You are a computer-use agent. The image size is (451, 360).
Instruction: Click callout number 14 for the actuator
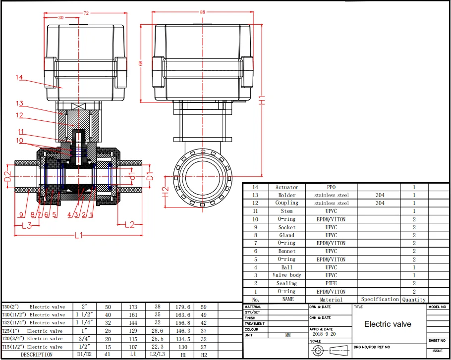[x=19, y=77]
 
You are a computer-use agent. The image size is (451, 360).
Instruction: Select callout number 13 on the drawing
[x=19, y=103]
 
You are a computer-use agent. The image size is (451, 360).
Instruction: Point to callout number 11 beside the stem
[x=21, y=132]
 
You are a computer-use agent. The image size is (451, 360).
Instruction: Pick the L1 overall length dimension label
[x=78, y=236]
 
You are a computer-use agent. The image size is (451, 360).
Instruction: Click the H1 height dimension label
[x=266, y=100]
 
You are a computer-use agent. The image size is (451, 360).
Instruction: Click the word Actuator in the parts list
[x=286, y=187]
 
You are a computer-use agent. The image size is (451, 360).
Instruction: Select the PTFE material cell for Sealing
[x=331, y=283]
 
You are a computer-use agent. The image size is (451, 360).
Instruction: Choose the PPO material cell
[x=331, y=187]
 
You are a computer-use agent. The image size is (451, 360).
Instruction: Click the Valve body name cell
[x=286, y=275]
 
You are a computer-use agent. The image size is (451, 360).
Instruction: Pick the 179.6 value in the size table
[x=179, y=307]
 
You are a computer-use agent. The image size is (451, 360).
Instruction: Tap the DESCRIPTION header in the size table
[x=36, y=355]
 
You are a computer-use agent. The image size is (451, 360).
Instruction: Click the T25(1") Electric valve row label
[x=33, y=331]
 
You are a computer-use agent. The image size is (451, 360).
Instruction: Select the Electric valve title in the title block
[x=388, y=324]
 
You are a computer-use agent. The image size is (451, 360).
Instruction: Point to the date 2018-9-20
[x=324, y=335]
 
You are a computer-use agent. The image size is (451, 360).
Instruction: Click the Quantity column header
[x=414, y=300]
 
